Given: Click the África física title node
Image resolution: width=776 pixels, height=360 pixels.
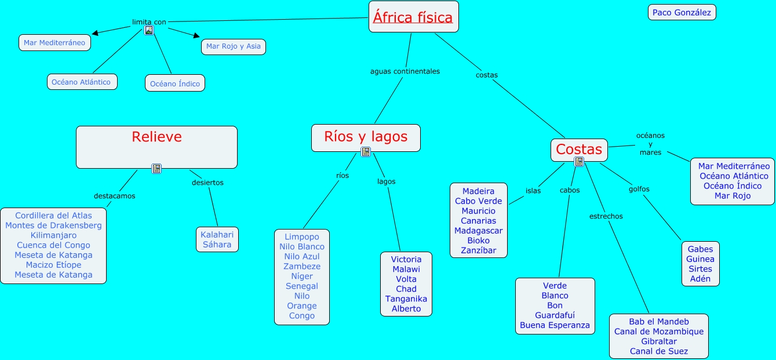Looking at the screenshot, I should click(x=413, y=17).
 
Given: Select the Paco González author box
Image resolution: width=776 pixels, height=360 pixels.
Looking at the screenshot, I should click(x=682, y=12).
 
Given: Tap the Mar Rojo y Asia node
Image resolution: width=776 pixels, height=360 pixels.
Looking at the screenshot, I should click(x=234, y=46).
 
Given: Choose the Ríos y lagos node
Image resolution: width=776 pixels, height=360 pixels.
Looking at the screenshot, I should click(x=366, y=137).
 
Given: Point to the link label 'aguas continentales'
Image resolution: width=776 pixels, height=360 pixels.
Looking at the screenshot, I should click(x=405, y=71).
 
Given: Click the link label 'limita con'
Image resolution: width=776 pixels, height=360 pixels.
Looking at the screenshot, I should click(x=149, y=22).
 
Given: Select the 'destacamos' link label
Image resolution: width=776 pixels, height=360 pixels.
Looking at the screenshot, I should click(x=114, y=196).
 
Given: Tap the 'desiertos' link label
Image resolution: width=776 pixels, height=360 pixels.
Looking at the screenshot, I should click(x=207, y=183).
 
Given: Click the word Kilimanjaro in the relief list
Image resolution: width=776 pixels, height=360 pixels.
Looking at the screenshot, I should click(x=53, y=235).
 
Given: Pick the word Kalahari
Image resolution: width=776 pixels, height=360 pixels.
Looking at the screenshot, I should click(x=217, y=235).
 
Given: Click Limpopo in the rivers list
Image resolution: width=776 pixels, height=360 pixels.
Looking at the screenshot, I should click(x=302, y=237).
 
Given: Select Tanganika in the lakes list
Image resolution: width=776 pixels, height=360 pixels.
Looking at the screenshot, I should click(x=406, y=299).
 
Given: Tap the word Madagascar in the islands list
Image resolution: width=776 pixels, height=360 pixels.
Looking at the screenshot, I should click(x=479, y=231).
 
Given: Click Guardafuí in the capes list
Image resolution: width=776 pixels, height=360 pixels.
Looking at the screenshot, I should click(x=555, y=315).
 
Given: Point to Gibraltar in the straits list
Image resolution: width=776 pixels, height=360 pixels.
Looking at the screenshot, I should click(x=659, y=341).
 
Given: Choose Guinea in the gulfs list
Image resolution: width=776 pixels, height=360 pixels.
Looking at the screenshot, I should click(x=700, y=259).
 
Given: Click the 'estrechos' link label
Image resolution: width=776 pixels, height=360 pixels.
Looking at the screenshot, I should click(x=606, y=216).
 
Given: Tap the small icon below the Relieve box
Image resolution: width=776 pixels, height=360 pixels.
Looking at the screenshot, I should click(x=156, y=169).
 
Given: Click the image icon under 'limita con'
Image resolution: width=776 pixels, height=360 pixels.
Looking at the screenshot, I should click(x=149, y=31).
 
